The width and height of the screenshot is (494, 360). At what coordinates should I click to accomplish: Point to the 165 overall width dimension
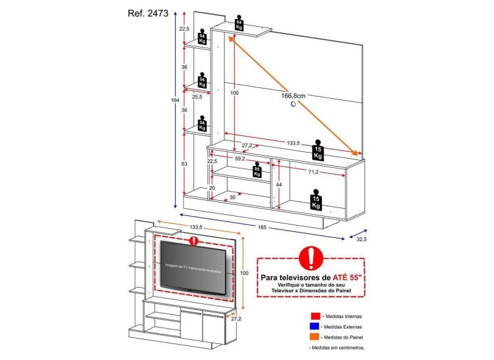click(262, 227)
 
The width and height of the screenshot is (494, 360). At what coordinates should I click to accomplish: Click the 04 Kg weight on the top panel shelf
click(240, 24)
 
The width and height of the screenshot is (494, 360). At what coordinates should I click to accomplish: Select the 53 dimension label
click(184, 164)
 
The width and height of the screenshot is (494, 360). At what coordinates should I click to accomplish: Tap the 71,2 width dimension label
click(313, 173)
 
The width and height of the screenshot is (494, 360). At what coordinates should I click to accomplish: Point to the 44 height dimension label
click(279, 184)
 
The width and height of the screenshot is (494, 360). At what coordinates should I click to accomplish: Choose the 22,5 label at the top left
click(184, 29)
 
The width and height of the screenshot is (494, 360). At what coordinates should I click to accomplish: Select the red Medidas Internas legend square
click(315, 316)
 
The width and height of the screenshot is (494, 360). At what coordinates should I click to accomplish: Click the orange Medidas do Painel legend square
click(315, 337)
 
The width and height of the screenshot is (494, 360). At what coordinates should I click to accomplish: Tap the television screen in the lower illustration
click(194, 265)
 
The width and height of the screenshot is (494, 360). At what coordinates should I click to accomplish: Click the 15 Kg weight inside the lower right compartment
click(316, 201)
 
